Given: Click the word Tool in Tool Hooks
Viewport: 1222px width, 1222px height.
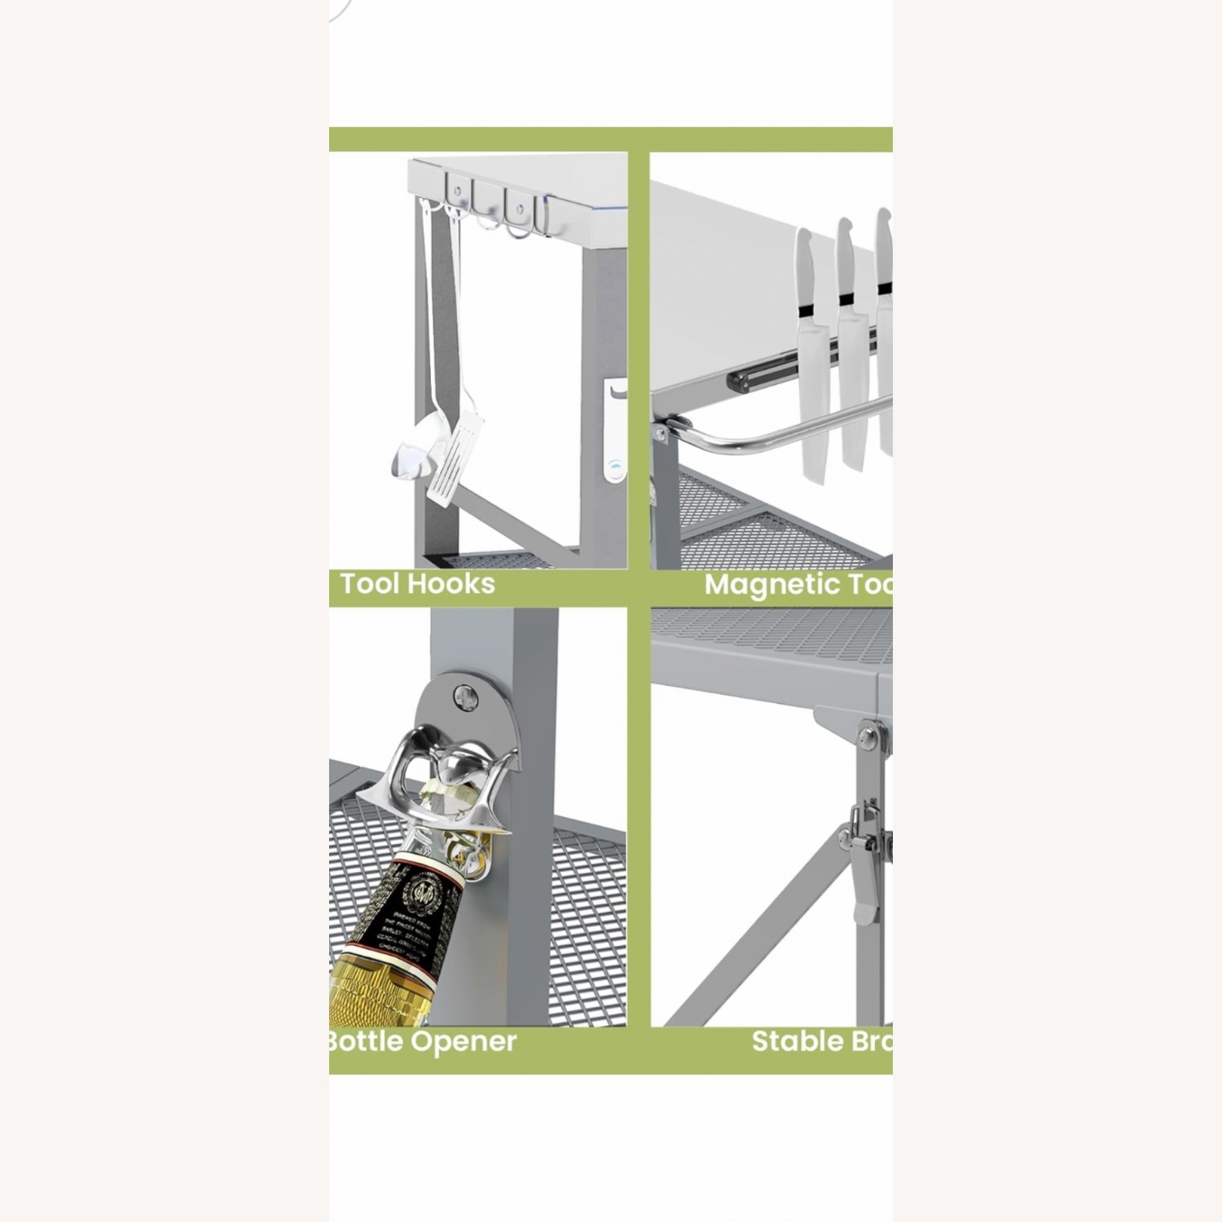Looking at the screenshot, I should (x=370, y=583).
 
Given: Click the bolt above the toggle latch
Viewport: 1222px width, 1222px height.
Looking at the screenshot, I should (x=869, y=738).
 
